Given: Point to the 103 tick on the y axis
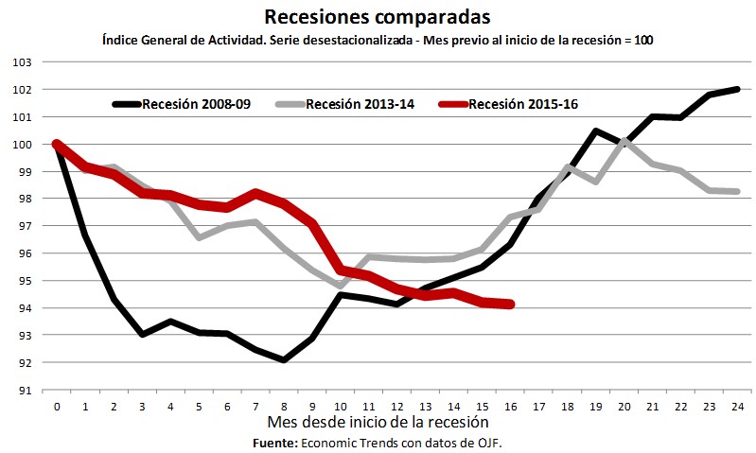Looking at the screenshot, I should [23, 62].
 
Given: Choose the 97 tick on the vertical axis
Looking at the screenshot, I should [23, 226].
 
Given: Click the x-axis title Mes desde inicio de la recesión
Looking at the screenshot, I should [378, 422].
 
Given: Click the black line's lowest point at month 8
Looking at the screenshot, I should [284, 360].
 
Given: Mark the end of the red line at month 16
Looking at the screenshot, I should [511, 304].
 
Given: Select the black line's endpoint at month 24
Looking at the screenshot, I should [737, 89].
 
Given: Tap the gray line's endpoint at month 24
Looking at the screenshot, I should [737, 191].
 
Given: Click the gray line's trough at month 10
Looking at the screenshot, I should [341, 285].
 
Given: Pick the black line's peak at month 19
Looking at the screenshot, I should [596, 131].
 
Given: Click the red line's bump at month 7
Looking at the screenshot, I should [255, 193].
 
